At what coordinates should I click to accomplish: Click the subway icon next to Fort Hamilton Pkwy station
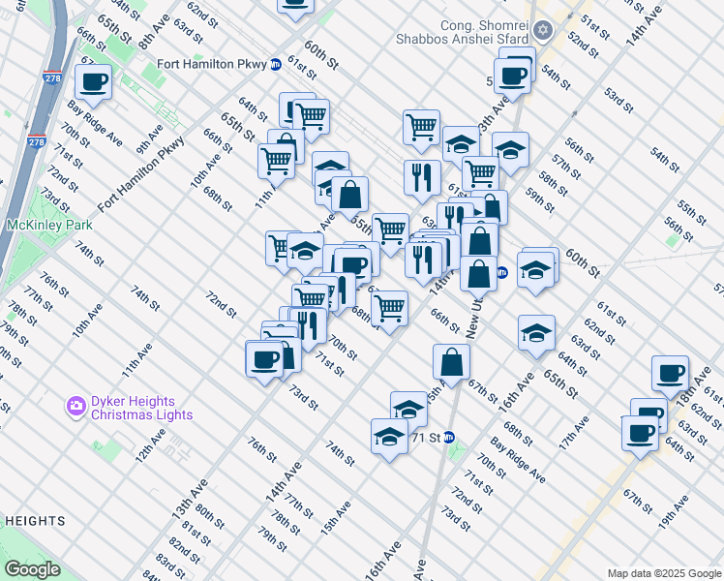tap(275, 64)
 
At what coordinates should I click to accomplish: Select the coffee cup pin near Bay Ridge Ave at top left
tap(94, 82)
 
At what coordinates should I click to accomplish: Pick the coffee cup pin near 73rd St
tap(264, 359)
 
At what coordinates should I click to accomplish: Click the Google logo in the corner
tap(32, 569)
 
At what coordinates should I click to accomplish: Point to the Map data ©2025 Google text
tap(664, 572)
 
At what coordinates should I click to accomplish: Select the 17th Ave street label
tap(574, 432)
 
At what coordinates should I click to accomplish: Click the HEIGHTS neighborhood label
tap(34, 521)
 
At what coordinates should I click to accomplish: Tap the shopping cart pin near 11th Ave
tap(277, 160)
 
